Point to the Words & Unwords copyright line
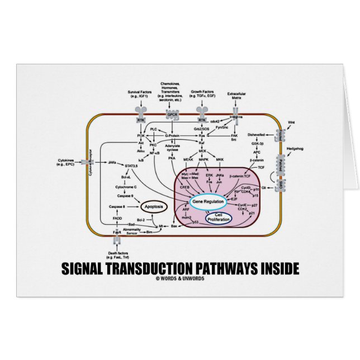point(180,278)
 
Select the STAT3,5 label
point(131,165)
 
